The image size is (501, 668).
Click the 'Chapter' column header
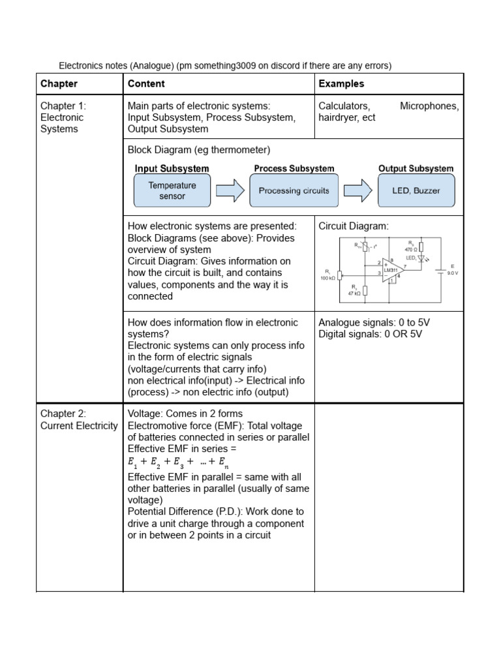(x=59, y=83)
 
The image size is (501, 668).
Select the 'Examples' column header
(x=341, y=83)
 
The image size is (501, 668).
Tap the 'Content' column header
(x=146, y=83)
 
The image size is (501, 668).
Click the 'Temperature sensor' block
(x=172, y=190)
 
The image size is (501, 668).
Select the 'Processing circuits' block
(x=294, y=190)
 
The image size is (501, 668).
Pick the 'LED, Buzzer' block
(x=417, y=190)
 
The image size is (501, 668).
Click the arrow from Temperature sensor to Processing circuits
(x=230, y=190)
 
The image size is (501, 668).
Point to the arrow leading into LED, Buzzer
(x=357, y=190)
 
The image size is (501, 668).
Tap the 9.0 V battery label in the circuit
(x=452, y=273)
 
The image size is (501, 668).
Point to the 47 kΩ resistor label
(x=354, y=293)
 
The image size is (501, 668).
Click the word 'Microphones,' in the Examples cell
(x=429, y=106)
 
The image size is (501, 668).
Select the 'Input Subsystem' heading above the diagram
(x=172, y=168)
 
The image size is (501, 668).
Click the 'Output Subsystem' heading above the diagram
(x=416, y=168)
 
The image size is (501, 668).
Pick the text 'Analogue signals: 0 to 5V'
(x=374, y=322)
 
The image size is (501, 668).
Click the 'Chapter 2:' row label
(x=63, y=414)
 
